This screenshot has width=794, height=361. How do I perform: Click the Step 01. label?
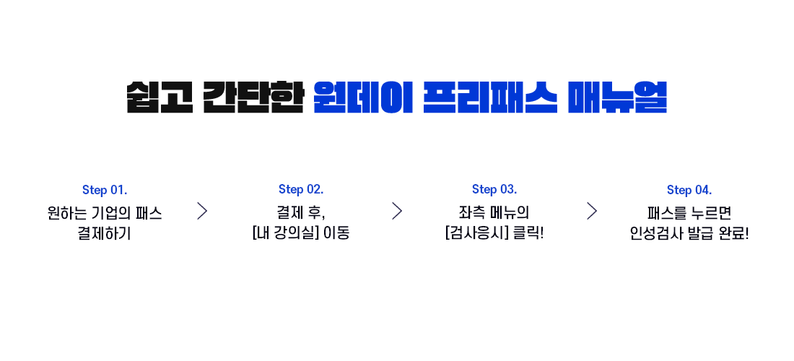point(105,191)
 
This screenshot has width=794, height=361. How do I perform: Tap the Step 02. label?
point(301,189)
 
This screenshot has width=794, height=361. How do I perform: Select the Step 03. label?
point(494,189)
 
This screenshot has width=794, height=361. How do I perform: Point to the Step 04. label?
point(689,191)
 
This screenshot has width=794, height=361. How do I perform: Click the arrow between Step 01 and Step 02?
point(203,211)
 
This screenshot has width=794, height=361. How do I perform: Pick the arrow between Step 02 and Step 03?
point(397,211)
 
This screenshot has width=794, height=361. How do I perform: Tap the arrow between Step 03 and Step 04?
point(592,211)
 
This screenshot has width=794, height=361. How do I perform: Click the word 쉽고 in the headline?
point(160,97)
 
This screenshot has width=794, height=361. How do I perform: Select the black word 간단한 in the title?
point(253,97)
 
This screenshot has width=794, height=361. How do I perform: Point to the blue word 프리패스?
point(490,97)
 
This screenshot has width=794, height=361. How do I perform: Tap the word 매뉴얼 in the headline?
point(617,97)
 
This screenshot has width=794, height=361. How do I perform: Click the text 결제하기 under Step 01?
point(105,234)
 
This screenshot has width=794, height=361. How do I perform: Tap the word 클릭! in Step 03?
point(528,234)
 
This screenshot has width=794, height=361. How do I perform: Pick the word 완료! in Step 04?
point(733,234)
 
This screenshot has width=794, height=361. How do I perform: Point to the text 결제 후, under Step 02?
point(301,212)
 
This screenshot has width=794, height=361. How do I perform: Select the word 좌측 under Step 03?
point(469,212)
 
